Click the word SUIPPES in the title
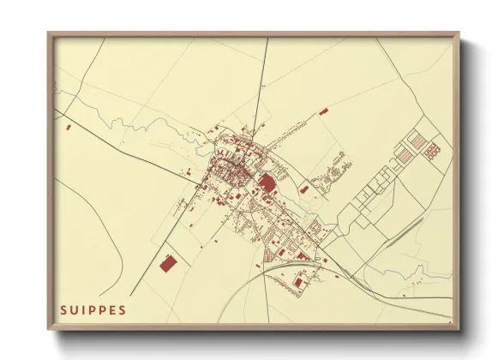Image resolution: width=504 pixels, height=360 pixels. [x=93, y=309]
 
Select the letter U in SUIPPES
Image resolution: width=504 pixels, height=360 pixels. [x=74, y=309]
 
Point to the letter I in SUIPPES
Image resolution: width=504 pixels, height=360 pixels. [x=83, y=309]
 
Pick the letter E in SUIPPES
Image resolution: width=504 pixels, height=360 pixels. [x=112, y=309]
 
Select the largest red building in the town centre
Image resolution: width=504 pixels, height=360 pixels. [x=267, y=183]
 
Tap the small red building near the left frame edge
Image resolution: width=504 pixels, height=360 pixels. [x=68, y=127]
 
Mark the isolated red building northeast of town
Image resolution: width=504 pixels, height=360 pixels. [x=322, y=111]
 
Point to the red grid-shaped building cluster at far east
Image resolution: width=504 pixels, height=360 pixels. [x=431, y=151]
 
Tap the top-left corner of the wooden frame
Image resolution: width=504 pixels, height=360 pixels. [x=49, y=33]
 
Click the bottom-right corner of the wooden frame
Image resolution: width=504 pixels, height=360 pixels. [x=458, y=327]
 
